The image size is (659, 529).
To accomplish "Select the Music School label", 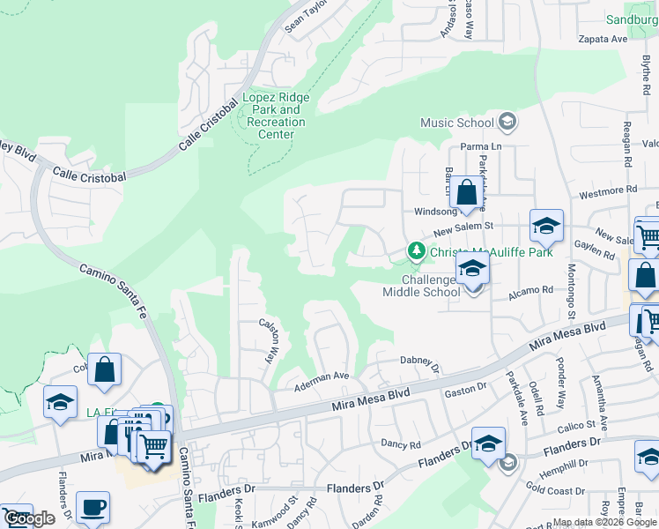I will click(x=456, y=123).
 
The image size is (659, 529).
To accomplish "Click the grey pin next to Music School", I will click(x=507, y=121).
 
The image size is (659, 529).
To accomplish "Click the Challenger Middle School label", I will click(x=421, y=286).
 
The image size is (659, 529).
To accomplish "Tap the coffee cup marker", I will click(x=93, y=508).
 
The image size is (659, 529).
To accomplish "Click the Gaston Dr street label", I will click(x=466, y=388).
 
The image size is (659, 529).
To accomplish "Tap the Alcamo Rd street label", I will click(x=535, y=289).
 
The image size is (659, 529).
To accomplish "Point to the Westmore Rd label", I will click(x=607, y=190).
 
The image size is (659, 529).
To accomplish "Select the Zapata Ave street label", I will click(x=603, y=40).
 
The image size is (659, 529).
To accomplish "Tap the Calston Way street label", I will click(x=269, y=339).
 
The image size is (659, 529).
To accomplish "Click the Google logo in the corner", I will click(x=29, y=518).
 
